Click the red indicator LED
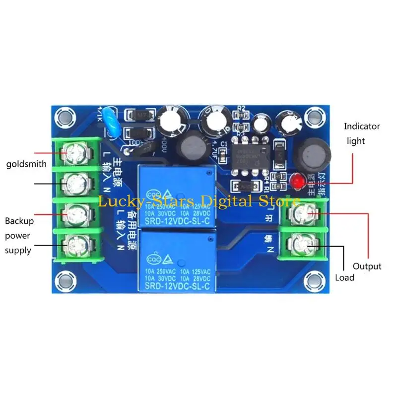[x=298, y=182]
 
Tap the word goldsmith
[x=26, y=164]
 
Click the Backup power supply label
[x=18, y=236]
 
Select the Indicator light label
[x=362, y=133]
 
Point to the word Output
[x=367, y=266]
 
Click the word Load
[x=344, y=278]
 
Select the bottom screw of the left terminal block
[x=73, y=243]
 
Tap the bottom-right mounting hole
[x=313, y=279]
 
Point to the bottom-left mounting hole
[x=63, y=279]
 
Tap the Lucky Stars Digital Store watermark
[x=198, y=202]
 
